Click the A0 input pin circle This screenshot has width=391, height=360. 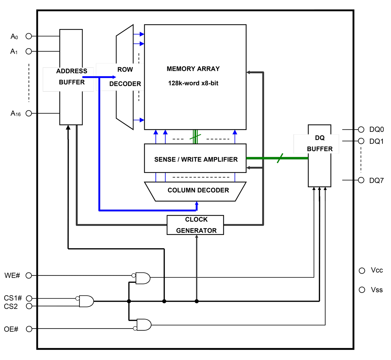pos(29,36)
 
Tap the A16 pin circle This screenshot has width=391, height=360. pos(29,113)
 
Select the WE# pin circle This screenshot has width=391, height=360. pos(29,275)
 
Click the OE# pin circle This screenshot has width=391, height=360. pos(29,329)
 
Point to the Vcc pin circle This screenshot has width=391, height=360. pos(362,271)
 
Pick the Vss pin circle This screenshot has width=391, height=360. pos(362,290)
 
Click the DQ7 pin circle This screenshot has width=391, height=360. pos(361,180)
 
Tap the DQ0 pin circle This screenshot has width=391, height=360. pos(361,129)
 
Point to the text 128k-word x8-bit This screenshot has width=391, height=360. pos(193,83)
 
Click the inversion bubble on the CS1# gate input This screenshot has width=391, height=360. pos(78,298)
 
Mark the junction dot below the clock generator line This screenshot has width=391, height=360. pos(196,301)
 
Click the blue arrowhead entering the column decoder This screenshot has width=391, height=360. pos(196,204)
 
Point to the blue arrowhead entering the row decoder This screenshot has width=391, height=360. pos(114,77)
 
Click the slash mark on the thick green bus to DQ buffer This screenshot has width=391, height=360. pos(280,158)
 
